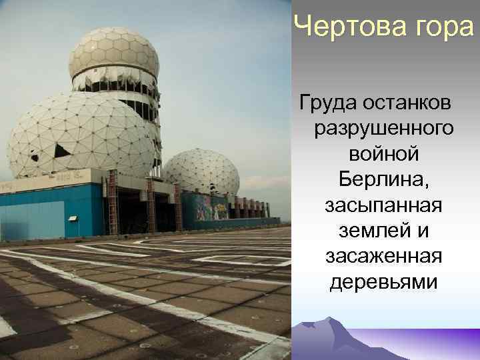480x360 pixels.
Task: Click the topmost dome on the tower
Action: click(x=114, y=50)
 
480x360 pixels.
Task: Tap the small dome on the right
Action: click(x=202, y=172)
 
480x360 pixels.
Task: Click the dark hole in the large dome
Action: click(x=61, y=151)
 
